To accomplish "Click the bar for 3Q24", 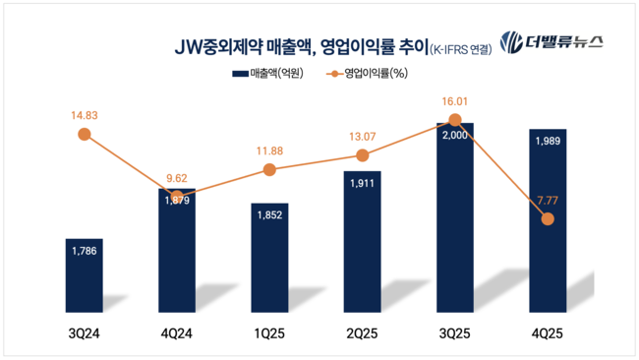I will (x=84, y=275).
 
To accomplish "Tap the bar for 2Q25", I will (x=363, y=242).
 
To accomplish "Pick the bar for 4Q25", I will (x=548, y=221).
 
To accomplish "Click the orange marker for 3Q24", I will (x=84, y=135).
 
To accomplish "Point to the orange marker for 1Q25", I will (x=269, y=169).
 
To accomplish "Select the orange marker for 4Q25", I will (x=548, y=218).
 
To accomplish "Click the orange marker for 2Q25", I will (x=363, y=154).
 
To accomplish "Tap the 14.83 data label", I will (x=84, y=114).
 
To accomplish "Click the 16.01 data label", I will (x=454, y=100).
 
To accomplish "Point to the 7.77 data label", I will (x=548, y=200).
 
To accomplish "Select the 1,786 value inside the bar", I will (x=84, y=251).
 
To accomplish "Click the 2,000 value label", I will (x=454, y=135).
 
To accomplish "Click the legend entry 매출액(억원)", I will (x=267, y=74).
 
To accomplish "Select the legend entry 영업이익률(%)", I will (x=369, y=74).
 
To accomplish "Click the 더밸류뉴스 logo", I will (x=552, y=42).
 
